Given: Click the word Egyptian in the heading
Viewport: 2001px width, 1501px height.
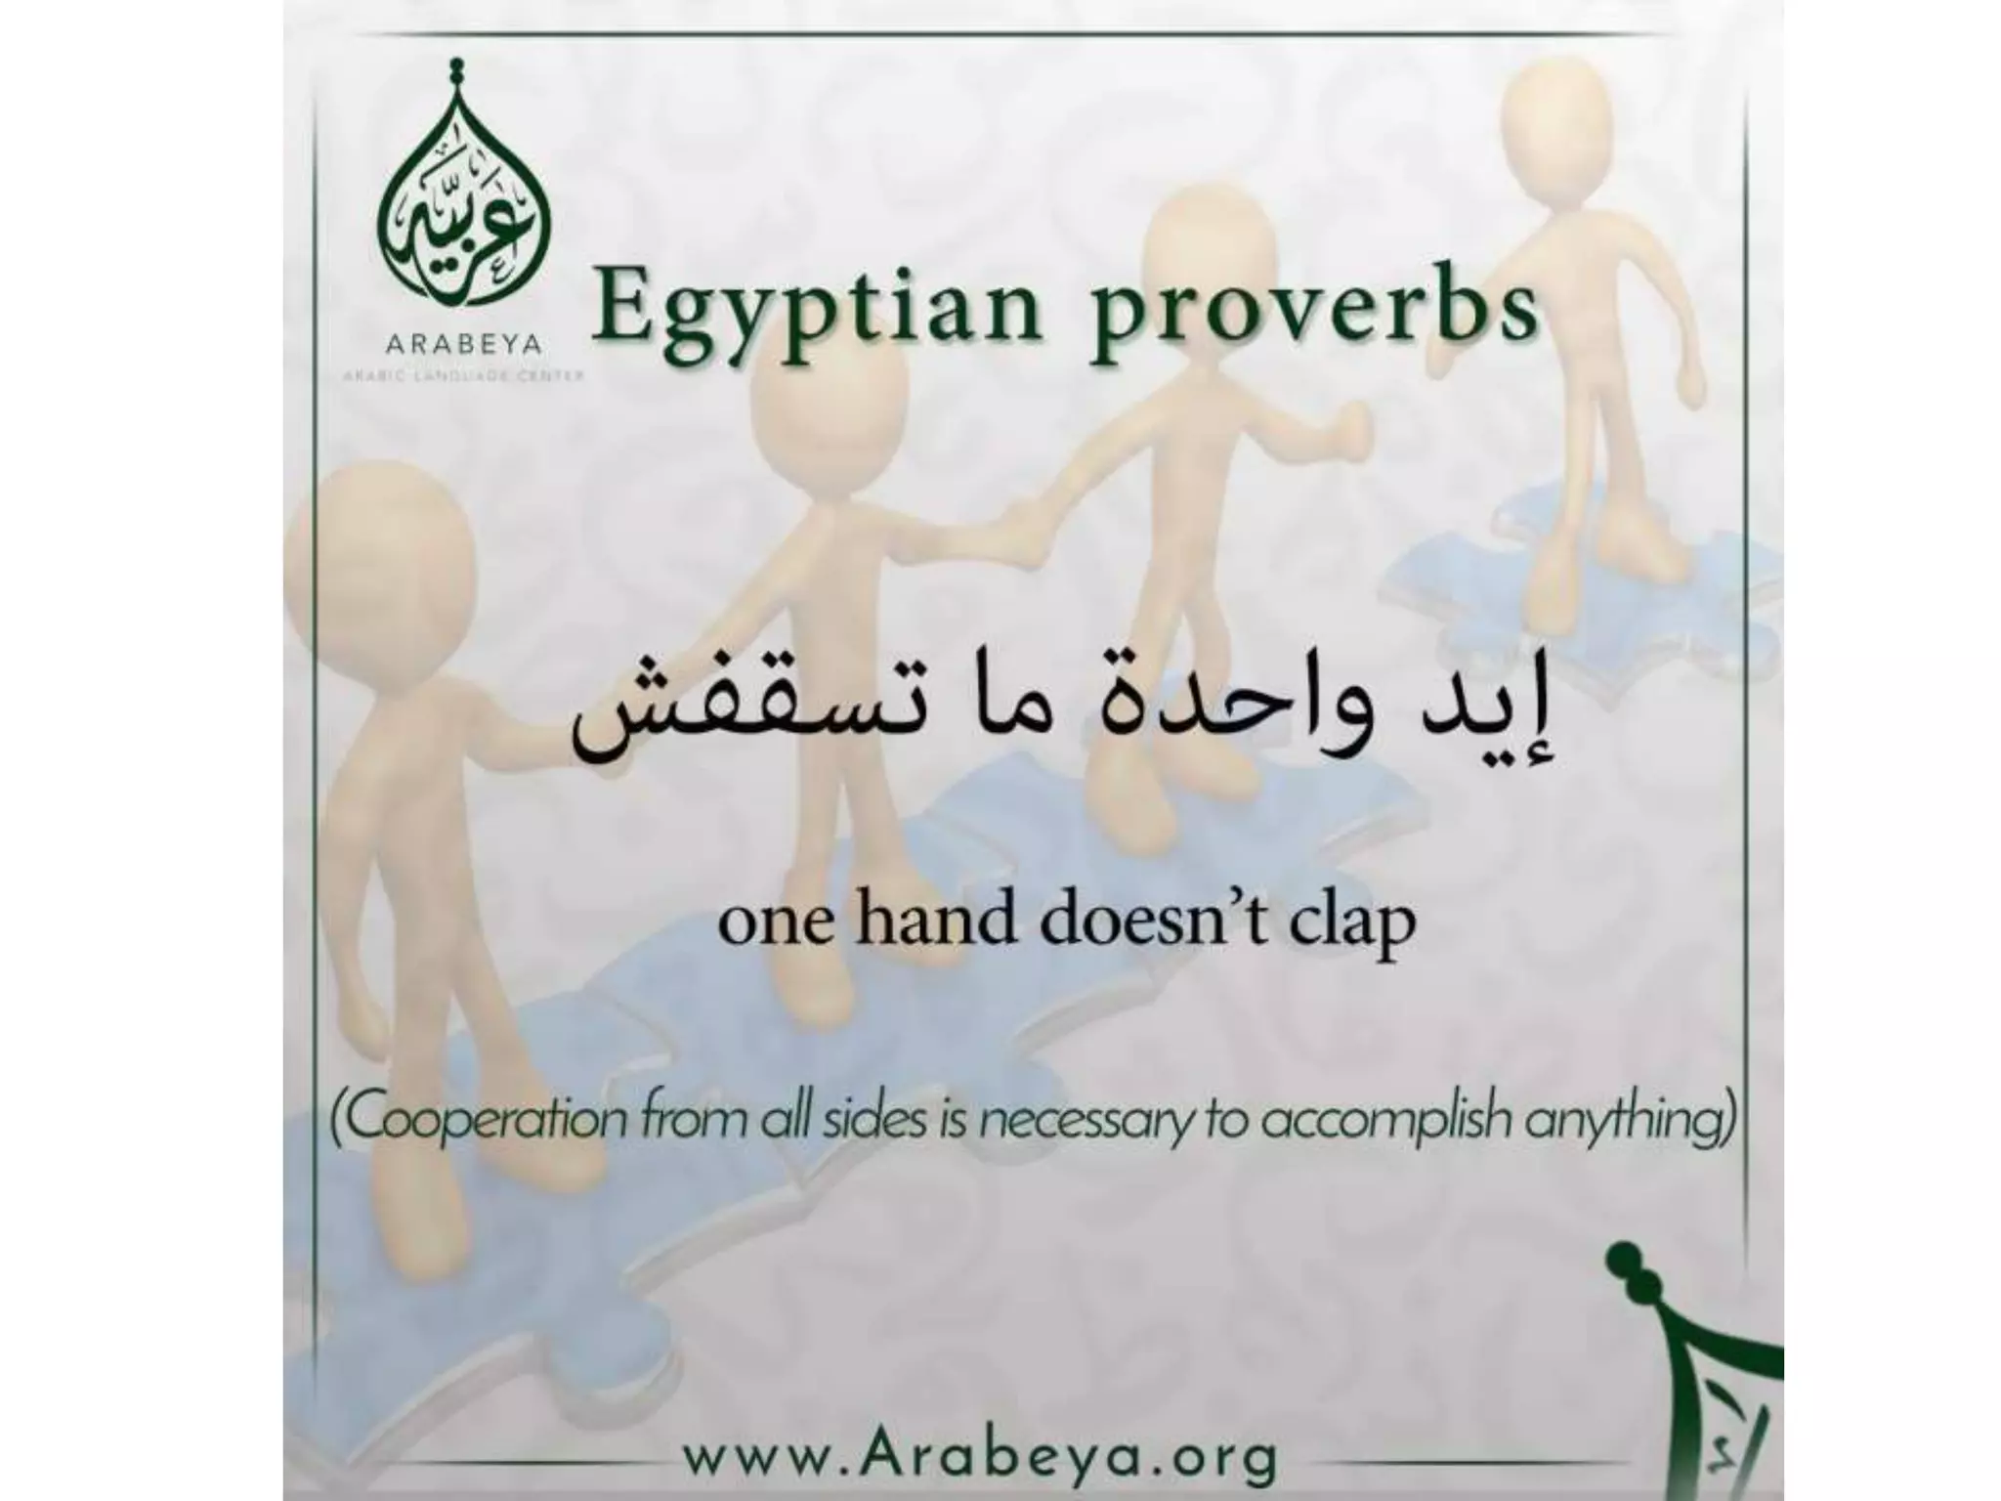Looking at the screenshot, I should coord(812,311).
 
